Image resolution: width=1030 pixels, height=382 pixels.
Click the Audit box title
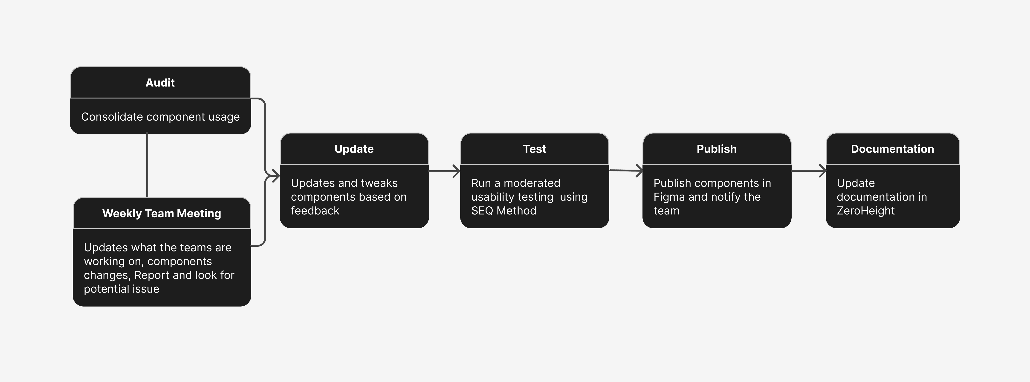pyautogui.click(x=160, y=83)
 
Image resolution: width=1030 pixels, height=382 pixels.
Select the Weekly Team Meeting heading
pyautogui.click(x=162, y=214)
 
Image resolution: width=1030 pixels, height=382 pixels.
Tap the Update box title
pyautogui.click(x=354, y=149)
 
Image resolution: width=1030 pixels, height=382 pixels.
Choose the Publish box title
pyautogui.click(x=717, y=149)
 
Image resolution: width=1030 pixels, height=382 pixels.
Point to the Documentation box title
pyautogui.click(x=892, y=149)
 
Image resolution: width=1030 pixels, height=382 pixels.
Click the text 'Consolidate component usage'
pyautogui.click(x=160, y=117)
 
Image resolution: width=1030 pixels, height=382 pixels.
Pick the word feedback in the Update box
pyautogui.click(x=315, y=211)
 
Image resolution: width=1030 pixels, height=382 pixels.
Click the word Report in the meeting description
pyautogui.click(x=152, y=275)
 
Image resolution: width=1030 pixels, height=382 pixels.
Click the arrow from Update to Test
pyautogui.click(x=444, y=171)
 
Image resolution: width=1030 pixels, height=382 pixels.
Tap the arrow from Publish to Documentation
pyautogui.click(x=808, y=171)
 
